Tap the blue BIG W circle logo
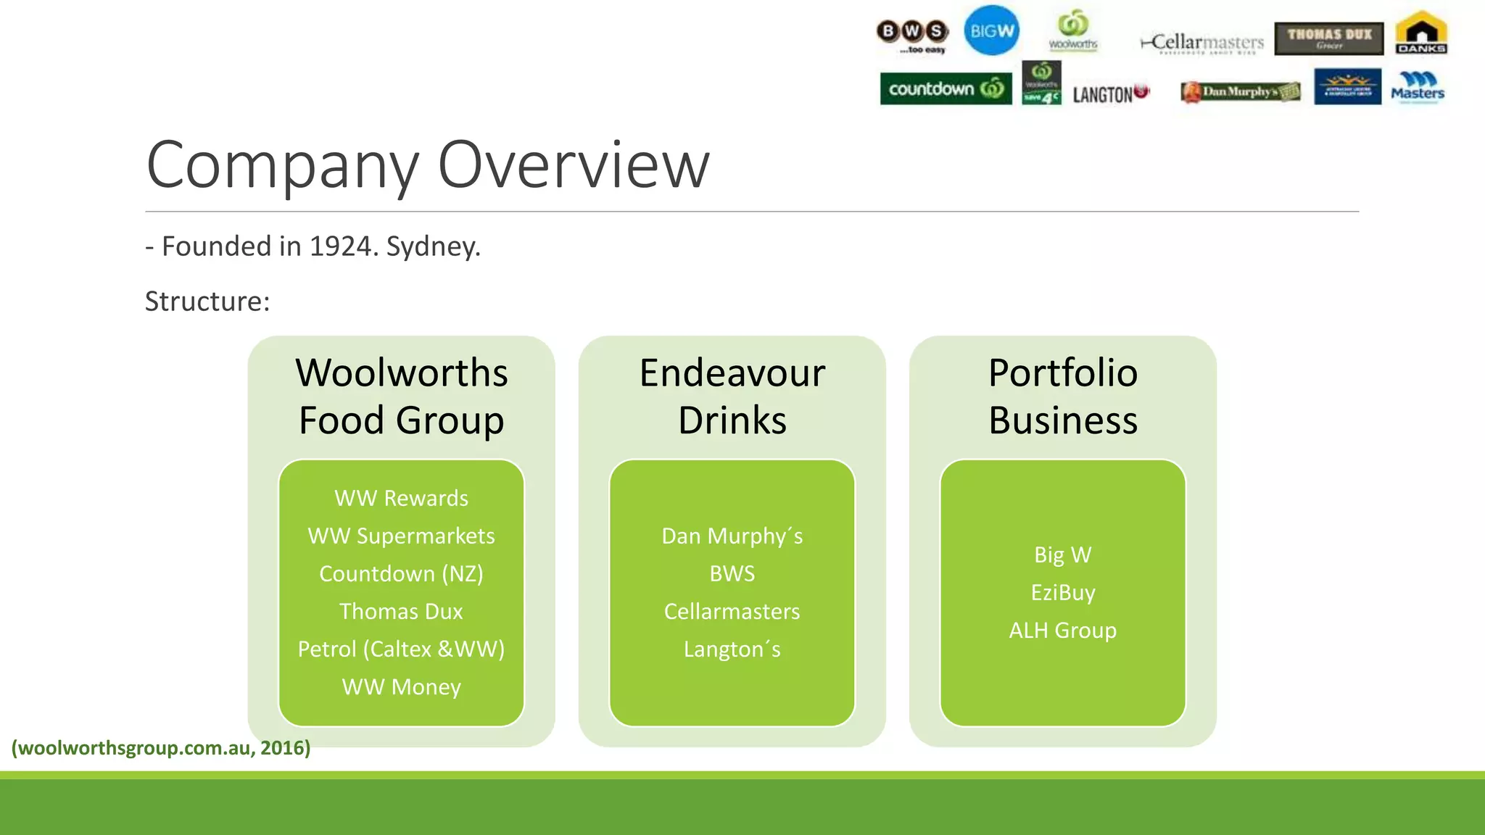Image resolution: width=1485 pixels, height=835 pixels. [x=991, y=31]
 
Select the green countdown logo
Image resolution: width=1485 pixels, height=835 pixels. [x=946, y=89]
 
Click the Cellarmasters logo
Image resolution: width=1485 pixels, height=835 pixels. [x=1203, y=43]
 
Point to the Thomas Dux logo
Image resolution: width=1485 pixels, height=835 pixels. [x=1328, y=38]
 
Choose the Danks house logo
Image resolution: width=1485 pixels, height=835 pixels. [x=1421, y=33]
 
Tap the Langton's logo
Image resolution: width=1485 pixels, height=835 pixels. [x=1110, y=94]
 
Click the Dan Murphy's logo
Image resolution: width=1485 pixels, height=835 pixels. [x=1240, y=92]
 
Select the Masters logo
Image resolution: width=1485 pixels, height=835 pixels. [x=1418, y=88]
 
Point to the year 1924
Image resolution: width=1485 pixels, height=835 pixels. [x=339, y=246]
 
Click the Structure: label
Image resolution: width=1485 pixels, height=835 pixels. [x=207, y=302]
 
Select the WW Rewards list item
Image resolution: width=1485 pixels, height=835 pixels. [x=401, y=498]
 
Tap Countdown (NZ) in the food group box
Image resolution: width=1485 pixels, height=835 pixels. [x=401, y=573]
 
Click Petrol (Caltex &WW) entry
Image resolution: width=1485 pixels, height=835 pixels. [x=401, y=649]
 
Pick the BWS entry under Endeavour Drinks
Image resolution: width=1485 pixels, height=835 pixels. [x=732, y=573]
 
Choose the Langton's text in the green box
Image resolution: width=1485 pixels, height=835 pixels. [x=732, y=649]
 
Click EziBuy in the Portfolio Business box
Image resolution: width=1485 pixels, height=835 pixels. [x=1062, y=592]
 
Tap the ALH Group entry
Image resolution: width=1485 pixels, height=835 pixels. [x=1062, y=630]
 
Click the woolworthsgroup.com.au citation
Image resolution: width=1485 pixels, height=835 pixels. [x=161, y=747]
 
